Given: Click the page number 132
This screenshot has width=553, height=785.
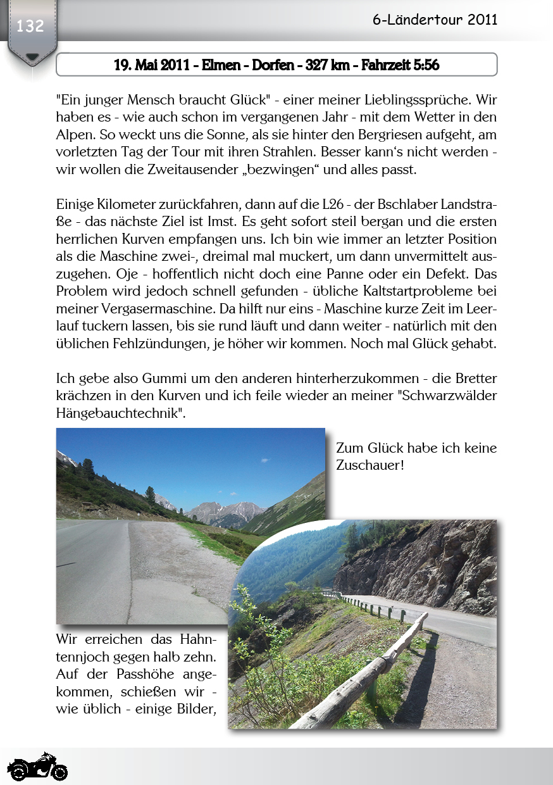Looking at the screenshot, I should [30, 26].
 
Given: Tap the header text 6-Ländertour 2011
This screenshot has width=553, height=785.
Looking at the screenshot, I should [435, 20].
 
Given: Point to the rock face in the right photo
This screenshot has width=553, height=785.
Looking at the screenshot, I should [430, 563].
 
